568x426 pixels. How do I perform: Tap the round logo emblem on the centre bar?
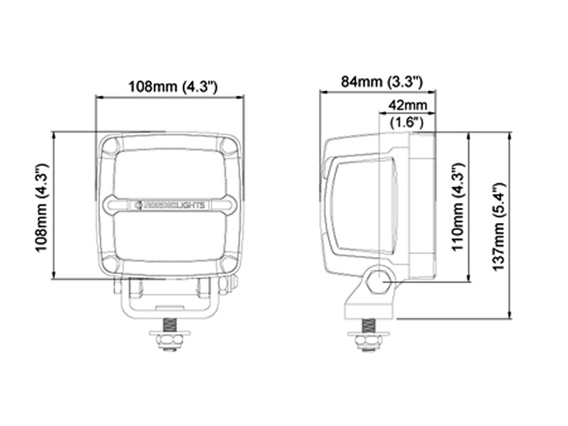point(138,204)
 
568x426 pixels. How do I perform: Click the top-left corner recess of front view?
point(111,146)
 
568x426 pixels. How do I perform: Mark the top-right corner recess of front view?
point(229,146)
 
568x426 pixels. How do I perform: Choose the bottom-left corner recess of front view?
point(111,263)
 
